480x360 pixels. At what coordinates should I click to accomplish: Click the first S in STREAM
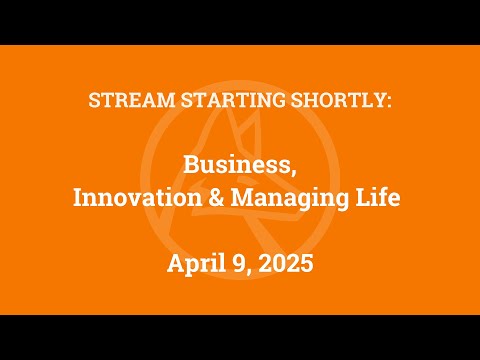[95, 103]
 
